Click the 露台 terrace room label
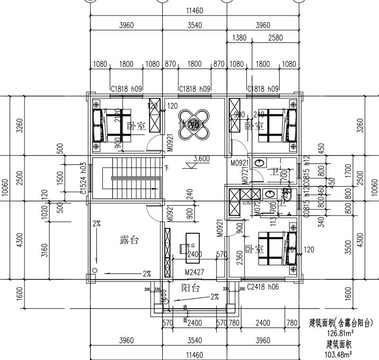[x=129, y=240]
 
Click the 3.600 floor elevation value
[x=201, y=159]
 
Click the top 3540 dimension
[x=195, y=25]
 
